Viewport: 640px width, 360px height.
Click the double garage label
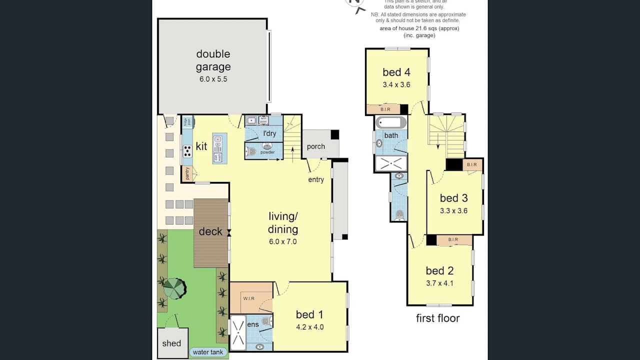pyautogui.click(x=213, y=60)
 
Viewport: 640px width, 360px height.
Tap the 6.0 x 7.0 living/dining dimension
pyautogui.click(x=283, y=241)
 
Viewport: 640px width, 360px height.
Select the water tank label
pyautogui.click(x=208, y=352)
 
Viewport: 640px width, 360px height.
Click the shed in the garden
pyautogui.click(x=171, y=343)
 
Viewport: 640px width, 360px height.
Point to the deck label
pyautogui.click(x=210, y=231)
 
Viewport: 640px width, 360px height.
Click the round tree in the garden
pyautogui.click(x=174, y=288)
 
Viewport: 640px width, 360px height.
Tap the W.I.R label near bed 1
pyautogui.click(x=249, y=298)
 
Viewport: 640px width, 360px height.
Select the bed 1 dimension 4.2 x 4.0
pyautogui.click(x=309, y=327)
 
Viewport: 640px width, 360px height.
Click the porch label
pyautogui.click(x=315, y=146)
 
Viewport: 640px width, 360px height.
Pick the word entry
pyautogui.click(x=316, y=179)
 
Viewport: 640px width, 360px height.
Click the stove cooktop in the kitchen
pyautogui.click(x=187, y=151)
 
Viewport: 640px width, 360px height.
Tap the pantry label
pyautogui.click(x=187, y=173)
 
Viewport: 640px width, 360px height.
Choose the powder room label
pyautogui.click(x=267, y=152)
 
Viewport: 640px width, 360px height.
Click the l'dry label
pyautogui.click(x=269, y=133)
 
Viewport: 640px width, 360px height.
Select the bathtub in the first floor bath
pyautogui.click(x=391, y=122)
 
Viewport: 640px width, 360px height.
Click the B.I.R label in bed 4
pyautogui.click(x=385, y=109)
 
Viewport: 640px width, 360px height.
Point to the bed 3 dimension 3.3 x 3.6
pyautogui.click(x=453, y=210)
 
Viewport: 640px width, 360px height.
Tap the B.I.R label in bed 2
pyautogui.click(x=453, y=240)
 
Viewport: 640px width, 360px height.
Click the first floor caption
pyautogui.click(x=437, y=318)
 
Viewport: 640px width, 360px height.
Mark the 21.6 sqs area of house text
pyautogui.click(x=419, y=28)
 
